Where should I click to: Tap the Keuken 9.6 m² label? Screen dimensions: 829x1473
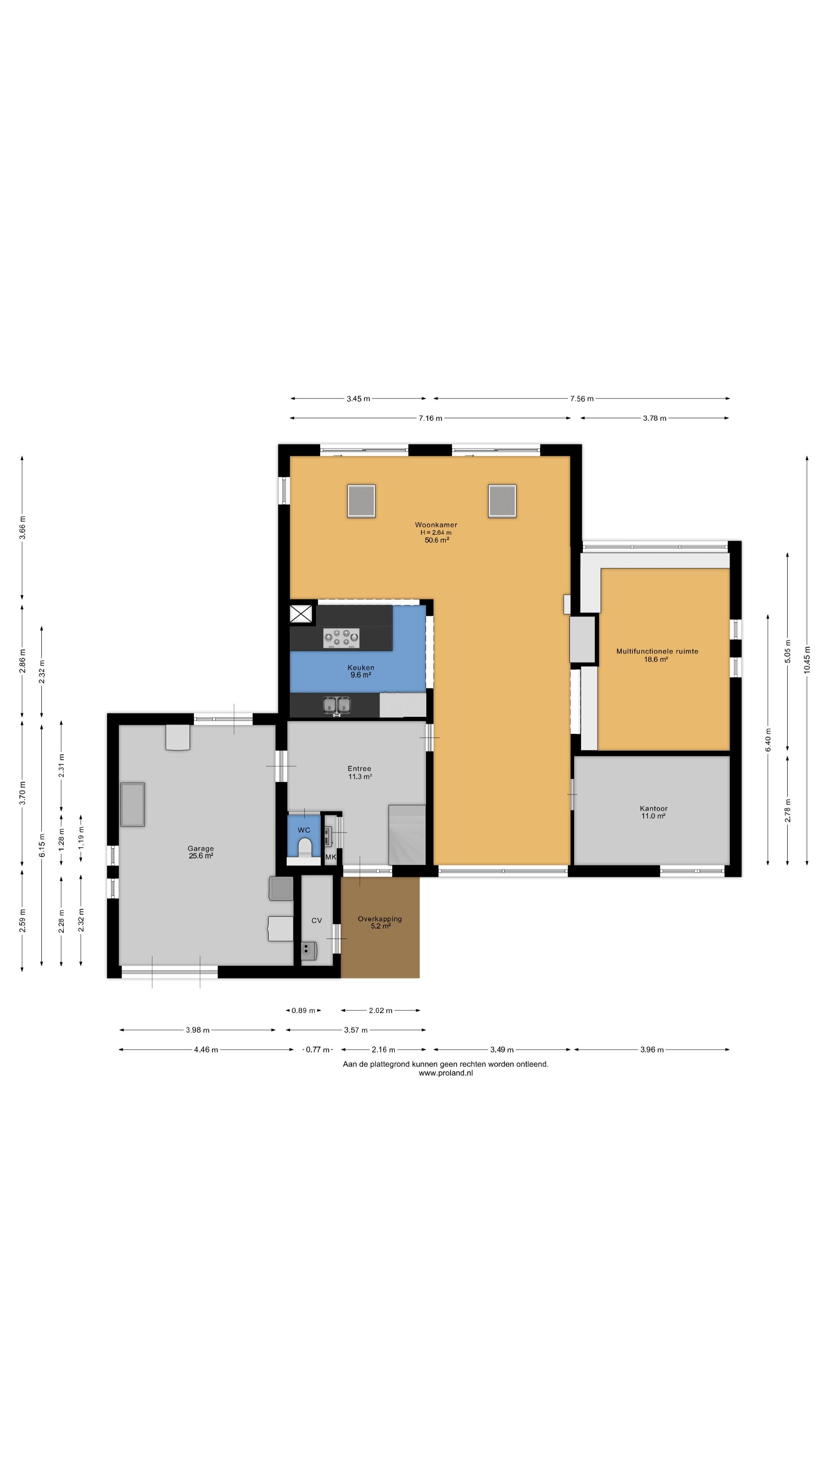361,671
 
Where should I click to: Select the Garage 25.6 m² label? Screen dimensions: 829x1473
201,852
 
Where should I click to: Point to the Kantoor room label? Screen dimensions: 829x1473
653,812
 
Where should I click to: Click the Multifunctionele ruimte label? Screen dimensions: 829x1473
657,655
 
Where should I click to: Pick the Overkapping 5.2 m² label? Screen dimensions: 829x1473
380,922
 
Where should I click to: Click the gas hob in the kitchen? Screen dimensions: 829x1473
342,638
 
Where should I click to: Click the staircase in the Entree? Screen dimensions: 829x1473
407,834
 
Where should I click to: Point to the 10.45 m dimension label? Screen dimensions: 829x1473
807,659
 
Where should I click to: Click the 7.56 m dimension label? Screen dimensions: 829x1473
581,399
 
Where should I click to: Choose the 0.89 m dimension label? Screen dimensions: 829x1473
303,1010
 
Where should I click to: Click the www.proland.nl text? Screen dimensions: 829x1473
446,1073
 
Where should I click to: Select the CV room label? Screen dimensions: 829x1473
316,921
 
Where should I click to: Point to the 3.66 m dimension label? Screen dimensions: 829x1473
22,527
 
